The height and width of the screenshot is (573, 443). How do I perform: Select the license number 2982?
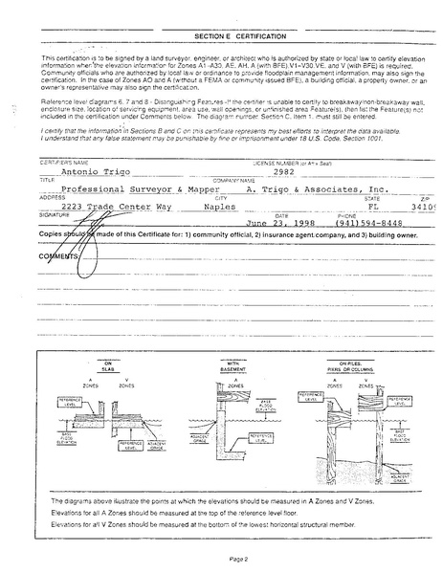284,172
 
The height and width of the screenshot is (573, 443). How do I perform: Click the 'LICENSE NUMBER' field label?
286,164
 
